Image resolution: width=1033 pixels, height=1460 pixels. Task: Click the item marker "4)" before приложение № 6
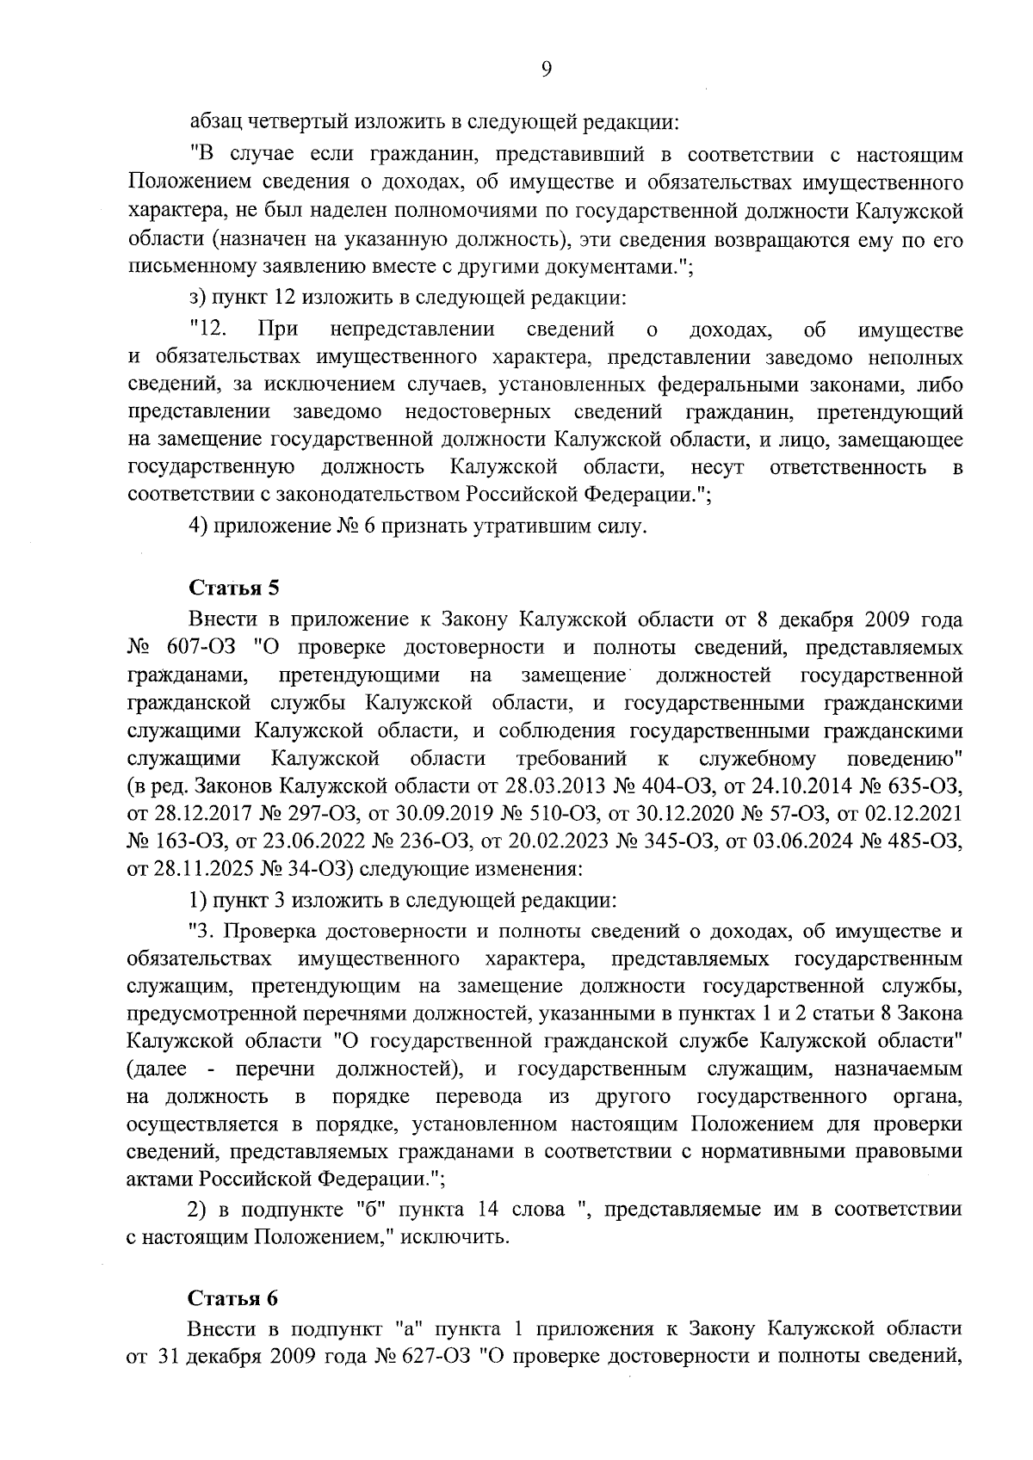pyautogui.click(x=198, y=526)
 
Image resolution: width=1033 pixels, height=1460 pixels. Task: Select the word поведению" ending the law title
pyautogui.click(x=905, y=759)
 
